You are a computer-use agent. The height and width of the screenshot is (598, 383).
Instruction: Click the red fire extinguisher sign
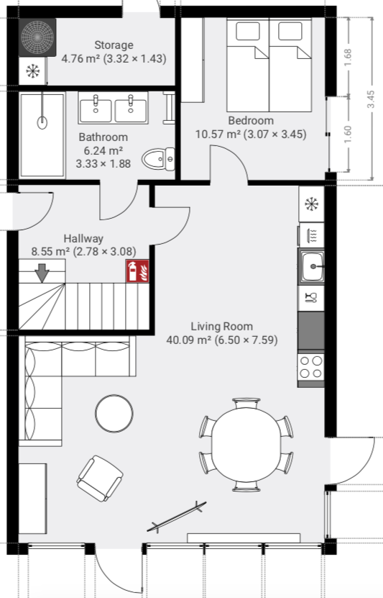[x=137, y=271]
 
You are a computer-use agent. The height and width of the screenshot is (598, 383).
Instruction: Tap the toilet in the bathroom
[x=158, y=159]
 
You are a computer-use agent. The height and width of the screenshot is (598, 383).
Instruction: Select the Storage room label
[x=114, y=45]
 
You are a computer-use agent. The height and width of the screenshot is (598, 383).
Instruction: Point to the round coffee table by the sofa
[x=114, y=413]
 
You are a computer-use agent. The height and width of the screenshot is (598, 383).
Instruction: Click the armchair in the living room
[x=100, y=479]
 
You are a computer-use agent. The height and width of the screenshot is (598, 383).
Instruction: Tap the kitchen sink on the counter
[x=311, y=266]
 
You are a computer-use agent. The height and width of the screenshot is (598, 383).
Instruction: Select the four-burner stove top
[x=310, y=367]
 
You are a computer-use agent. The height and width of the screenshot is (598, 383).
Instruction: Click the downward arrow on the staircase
[x=42, y=273]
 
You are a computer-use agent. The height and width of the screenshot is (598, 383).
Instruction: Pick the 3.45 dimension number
[x=371, y=99]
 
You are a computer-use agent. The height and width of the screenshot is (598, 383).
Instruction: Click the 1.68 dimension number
[x=348, y=58]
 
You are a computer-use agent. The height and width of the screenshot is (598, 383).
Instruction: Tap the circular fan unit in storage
[x=37, y=37]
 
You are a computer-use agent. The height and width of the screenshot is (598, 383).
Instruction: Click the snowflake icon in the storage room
[x=33, y=71]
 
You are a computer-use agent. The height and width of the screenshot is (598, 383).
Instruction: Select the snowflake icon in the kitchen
[x=311, y=204]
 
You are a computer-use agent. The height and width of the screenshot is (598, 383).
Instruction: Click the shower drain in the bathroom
[x=42, y=123]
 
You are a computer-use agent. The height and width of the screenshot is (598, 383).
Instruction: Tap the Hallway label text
[x=83, y=239]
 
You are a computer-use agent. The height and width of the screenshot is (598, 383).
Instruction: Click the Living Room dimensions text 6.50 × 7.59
[x=246, y=340]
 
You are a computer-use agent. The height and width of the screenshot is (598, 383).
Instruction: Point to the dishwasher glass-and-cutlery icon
[x=311, y=297]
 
